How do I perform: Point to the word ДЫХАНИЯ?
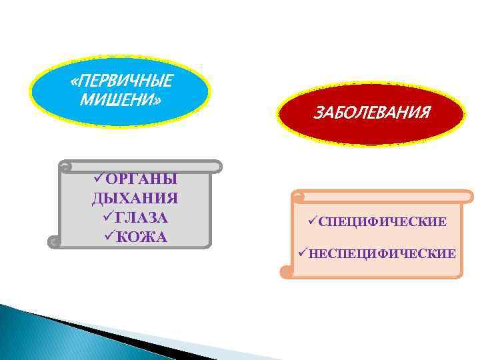coord(135,199)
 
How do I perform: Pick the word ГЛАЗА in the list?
coord(141,217)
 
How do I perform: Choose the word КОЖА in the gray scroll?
coord(141,237)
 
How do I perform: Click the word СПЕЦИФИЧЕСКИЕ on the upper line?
coord(383,221)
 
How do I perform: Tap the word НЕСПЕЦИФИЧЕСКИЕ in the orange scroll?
coord(382,253)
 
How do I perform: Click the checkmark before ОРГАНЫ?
coord(99,179)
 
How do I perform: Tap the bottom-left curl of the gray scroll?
coord(54,242)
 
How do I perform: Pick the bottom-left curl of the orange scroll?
coord(286,271)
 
